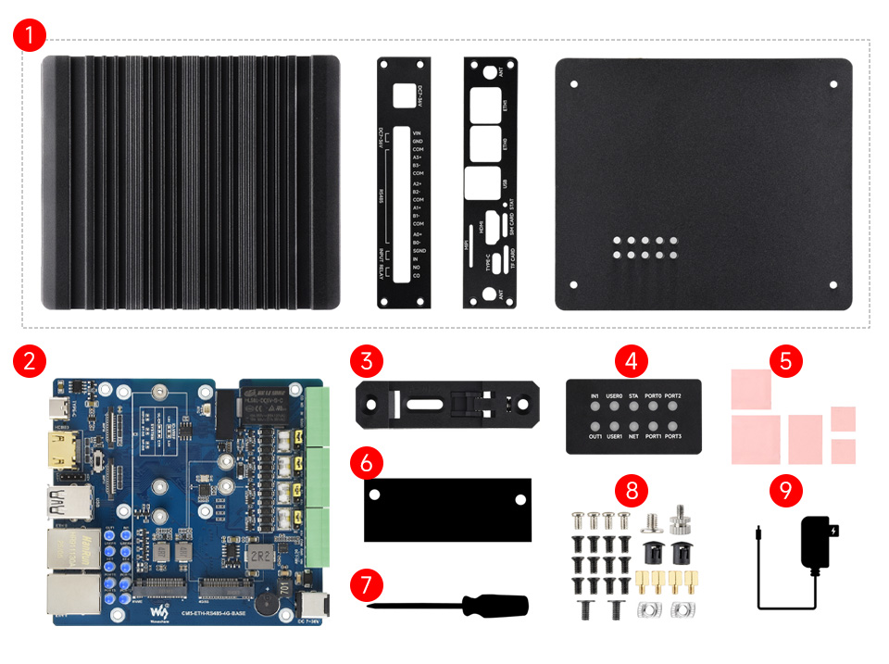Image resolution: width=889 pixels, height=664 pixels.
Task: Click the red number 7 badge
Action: tap(366, 585)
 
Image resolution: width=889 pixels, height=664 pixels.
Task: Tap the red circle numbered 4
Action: tap(631, 362)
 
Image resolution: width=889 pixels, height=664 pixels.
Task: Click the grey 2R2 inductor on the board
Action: tap(255, 555)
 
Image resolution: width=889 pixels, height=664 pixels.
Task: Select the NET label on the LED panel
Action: tap(633, 435)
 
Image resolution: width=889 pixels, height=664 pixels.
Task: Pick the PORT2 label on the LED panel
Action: tap(672, 396)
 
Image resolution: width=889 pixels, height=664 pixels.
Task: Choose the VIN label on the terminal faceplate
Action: tap(418, 133)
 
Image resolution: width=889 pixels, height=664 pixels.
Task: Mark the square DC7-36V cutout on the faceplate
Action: tap(404, 95)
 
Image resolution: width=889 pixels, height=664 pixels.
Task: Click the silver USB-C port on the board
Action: tap(58, 408)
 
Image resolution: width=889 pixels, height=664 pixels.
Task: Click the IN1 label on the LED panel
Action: tap(595, 396)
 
